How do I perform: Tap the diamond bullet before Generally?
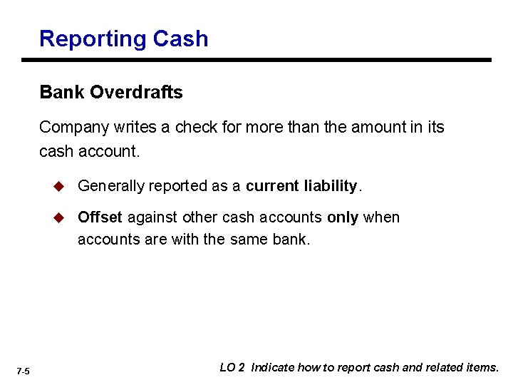61,186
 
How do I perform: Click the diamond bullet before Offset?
61,217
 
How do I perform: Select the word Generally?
110,186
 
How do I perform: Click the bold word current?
272,186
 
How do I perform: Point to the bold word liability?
330,186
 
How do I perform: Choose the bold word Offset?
100,217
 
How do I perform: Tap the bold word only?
343,217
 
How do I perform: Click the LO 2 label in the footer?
232,368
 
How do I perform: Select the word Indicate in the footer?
273,368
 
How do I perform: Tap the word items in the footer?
484,368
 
